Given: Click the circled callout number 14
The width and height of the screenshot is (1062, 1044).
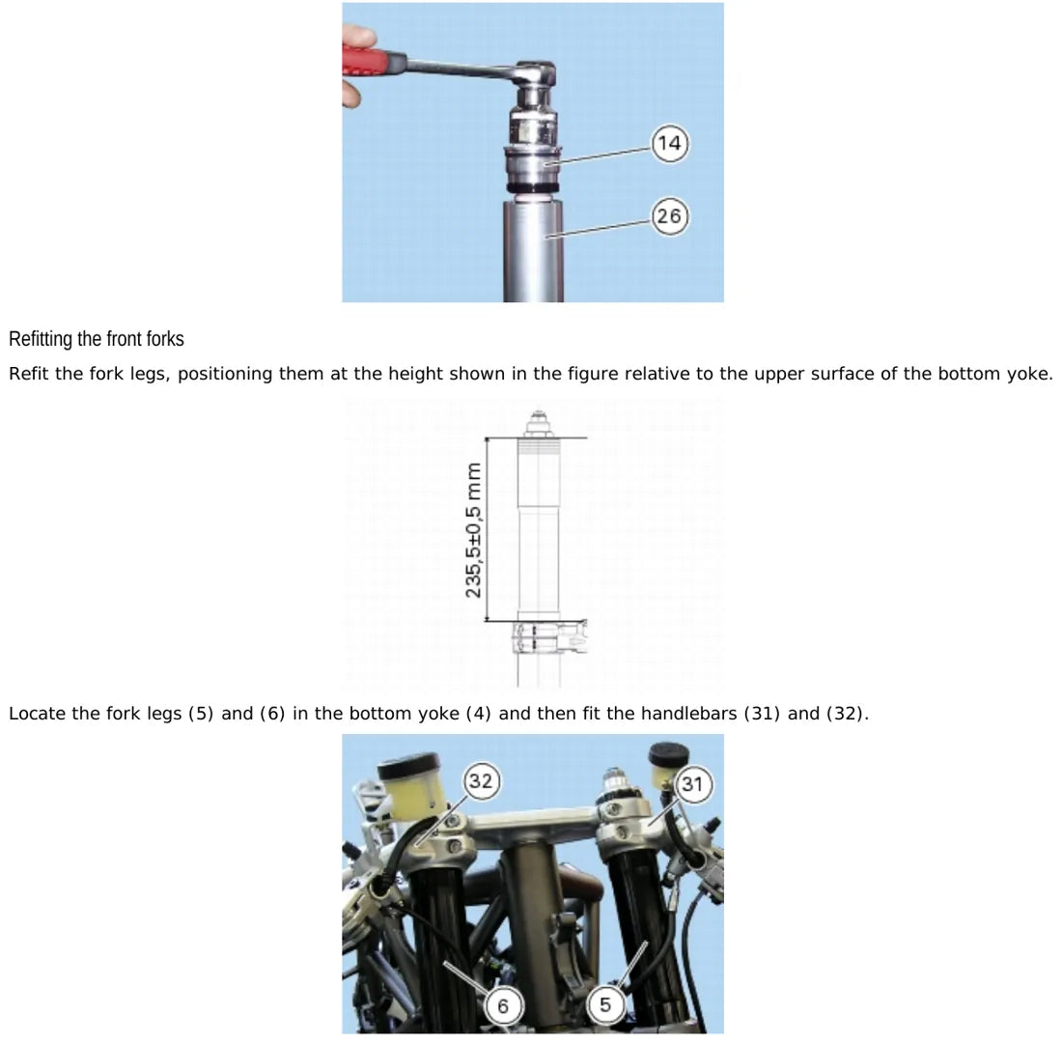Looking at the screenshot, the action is [x=670, y=143].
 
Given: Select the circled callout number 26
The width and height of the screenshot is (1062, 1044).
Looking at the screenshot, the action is [x=670, y=216].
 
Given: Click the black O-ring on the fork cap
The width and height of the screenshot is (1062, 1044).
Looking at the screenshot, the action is [x=533, y=187].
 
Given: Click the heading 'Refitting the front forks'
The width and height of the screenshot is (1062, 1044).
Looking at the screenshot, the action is [x=97, y=339].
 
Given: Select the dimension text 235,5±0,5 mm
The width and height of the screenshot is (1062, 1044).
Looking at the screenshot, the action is [x=473, y=530].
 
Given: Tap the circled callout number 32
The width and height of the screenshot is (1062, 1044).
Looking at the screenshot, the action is [x=481, y=781].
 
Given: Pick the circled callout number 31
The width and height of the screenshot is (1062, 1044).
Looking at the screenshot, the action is [x=691, y=784].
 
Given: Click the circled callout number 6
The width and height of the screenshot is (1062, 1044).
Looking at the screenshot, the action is [x=503, y=1006].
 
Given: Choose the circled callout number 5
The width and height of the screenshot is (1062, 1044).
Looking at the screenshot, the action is [x=604, y=1004].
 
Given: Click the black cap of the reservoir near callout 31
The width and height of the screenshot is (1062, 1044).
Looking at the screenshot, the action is [x=668, y=752].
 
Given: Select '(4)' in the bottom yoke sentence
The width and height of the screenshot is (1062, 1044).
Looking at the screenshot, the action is [x=478, y=714].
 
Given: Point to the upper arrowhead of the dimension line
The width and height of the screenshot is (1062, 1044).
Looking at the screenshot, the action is [x=487, y=441].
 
